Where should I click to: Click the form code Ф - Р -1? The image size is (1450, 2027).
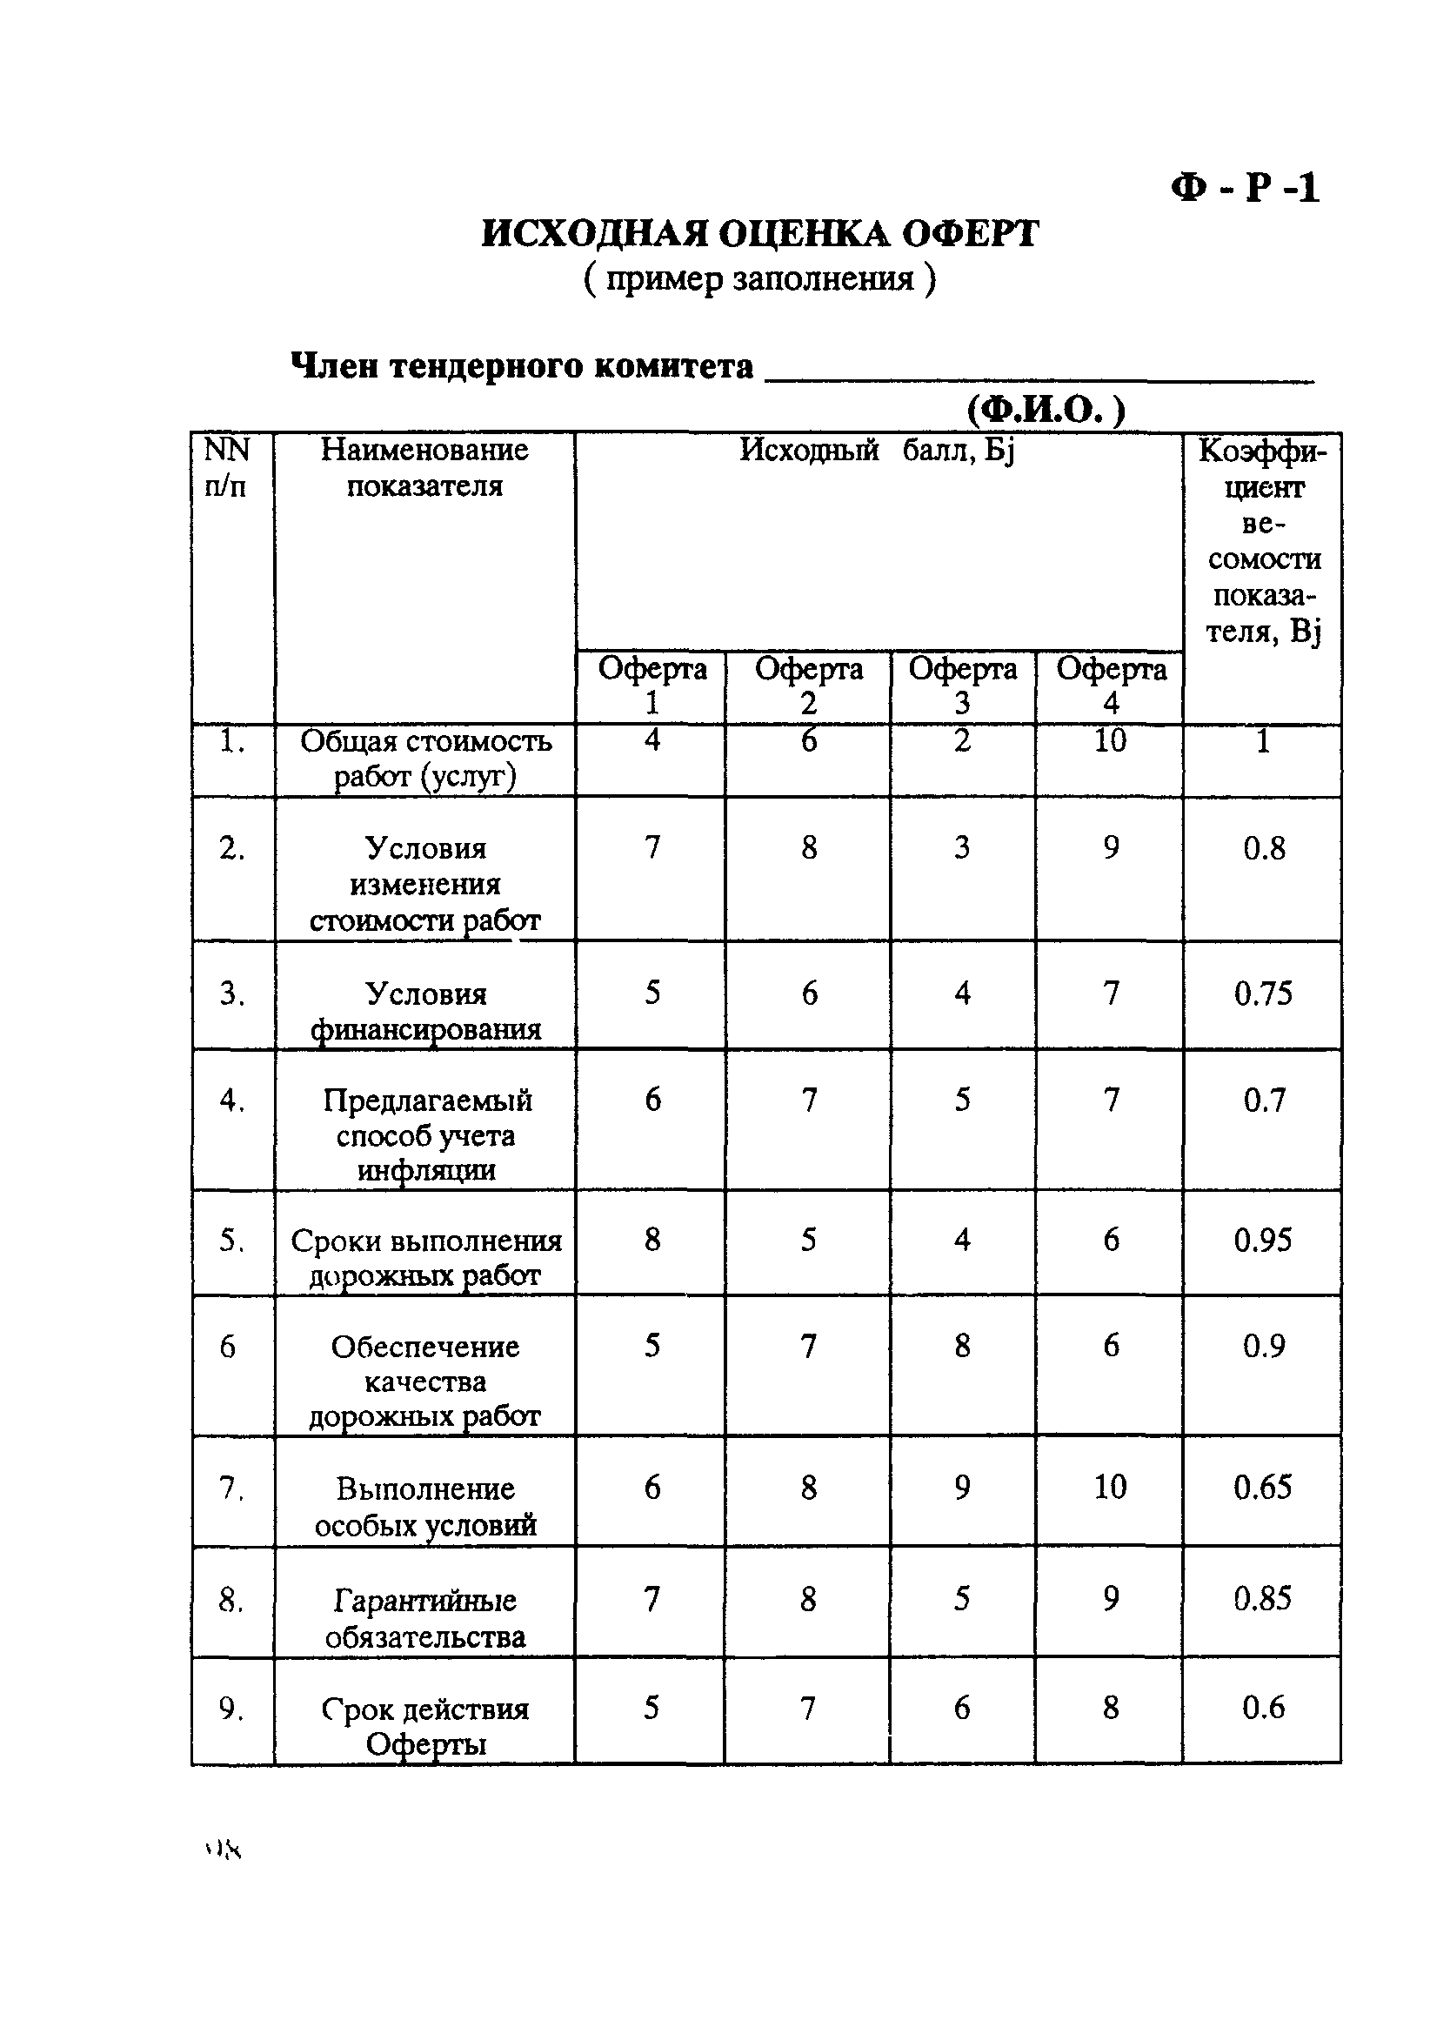[x=1245, y=189]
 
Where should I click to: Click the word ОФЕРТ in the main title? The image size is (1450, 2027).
[x=970, y=235]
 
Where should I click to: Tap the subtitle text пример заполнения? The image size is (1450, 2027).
[x=760, y=279]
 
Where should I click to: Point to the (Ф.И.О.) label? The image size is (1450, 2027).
[x=1046, y=410]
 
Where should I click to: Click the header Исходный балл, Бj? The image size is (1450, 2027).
[x=877, y=451]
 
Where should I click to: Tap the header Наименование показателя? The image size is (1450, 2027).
[x=424, y=468]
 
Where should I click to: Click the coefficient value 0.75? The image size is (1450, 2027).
[x=1262, y=993]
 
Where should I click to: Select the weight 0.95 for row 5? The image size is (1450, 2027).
[x=1262, y=1241]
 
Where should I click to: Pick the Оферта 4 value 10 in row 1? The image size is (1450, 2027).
[x=1110, y=740]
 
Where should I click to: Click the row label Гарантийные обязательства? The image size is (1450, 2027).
[x=425, y=1619]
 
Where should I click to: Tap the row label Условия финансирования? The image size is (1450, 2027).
[x=426, y=1012]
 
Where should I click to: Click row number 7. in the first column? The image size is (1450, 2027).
[x=231, y=1488]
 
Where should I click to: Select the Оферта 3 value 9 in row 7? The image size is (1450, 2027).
[x=962, y=1487]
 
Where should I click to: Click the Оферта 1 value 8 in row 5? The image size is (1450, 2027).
[x=651, y=1240]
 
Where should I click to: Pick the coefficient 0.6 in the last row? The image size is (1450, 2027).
[x=1262, y=1708]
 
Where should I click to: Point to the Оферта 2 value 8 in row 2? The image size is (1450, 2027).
[x=808, y=847]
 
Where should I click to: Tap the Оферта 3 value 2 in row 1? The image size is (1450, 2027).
[x=962, y=740]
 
